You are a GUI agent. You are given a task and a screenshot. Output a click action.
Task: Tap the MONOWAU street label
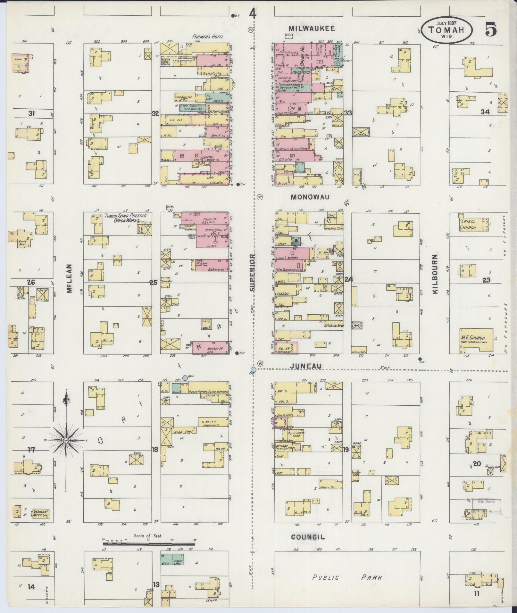click(310, 197)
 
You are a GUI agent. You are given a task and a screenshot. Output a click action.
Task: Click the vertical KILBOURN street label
click(435, 275)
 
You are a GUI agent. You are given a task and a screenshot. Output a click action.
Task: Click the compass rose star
click(66, 441)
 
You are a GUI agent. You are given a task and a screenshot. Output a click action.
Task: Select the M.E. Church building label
click(473, 338)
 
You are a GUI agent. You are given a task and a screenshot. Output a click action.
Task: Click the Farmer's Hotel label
click(208, 37)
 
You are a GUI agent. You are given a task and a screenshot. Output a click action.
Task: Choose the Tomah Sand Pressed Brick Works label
click(125, 218)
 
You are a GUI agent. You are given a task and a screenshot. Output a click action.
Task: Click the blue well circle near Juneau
click(185, 378)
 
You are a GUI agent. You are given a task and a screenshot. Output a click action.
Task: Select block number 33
click(348, 113)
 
